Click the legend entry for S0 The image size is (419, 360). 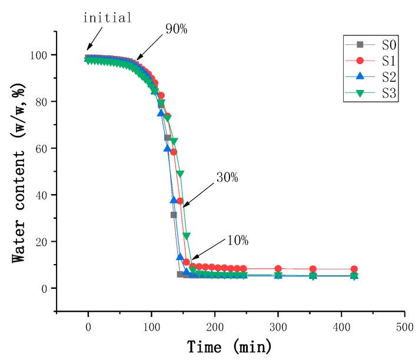[x=371, y=44]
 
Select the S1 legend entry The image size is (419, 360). [x=371, y=60]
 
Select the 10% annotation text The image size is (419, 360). [x=237, y=240]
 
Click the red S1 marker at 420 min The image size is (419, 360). [x=354, y=269]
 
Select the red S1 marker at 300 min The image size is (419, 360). [x=278, y=269]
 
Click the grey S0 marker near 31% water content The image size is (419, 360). [x=174, y=215]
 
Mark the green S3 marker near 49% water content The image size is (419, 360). [x=180, y=174]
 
